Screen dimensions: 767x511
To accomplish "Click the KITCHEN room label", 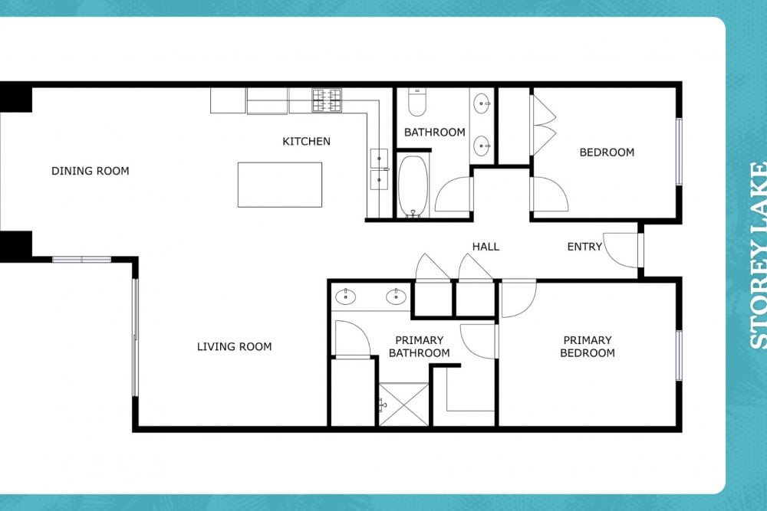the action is click(306, 142).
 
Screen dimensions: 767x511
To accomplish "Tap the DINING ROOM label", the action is click(91, 171).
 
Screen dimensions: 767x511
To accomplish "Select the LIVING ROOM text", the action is click(234, 347).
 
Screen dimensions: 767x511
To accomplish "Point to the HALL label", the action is click(486, 247).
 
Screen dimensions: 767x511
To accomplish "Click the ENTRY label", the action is click(584, 247).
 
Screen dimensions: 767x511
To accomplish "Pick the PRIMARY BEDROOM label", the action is click(588, 346).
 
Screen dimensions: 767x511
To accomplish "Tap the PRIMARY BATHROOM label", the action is click(420, 346).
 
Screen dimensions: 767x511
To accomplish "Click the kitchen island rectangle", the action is click(280, 185).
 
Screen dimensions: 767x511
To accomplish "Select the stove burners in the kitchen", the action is click(327, 100).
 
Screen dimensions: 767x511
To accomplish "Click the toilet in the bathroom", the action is click(416, 102).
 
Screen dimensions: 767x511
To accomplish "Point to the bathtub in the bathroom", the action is click(413, 186).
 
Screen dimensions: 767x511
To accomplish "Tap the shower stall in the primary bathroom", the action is click(404, 404).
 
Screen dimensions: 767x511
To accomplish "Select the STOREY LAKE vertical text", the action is click(759, 256).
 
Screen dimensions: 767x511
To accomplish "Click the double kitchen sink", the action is click(379, 169).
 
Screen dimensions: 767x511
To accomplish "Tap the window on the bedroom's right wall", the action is click(679, 152).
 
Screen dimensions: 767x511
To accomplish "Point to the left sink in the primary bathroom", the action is click(345, 296).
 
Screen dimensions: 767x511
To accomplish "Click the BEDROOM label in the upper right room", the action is click(607, 152).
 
